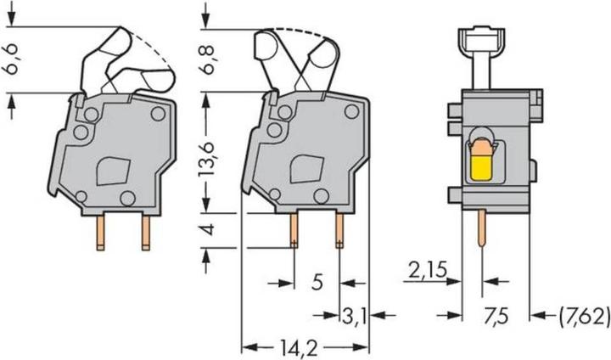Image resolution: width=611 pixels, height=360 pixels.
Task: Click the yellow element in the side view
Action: [x=481, y=161]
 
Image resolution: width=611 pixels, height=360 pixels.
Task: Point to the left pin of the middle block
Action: [x=294, y=229]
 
